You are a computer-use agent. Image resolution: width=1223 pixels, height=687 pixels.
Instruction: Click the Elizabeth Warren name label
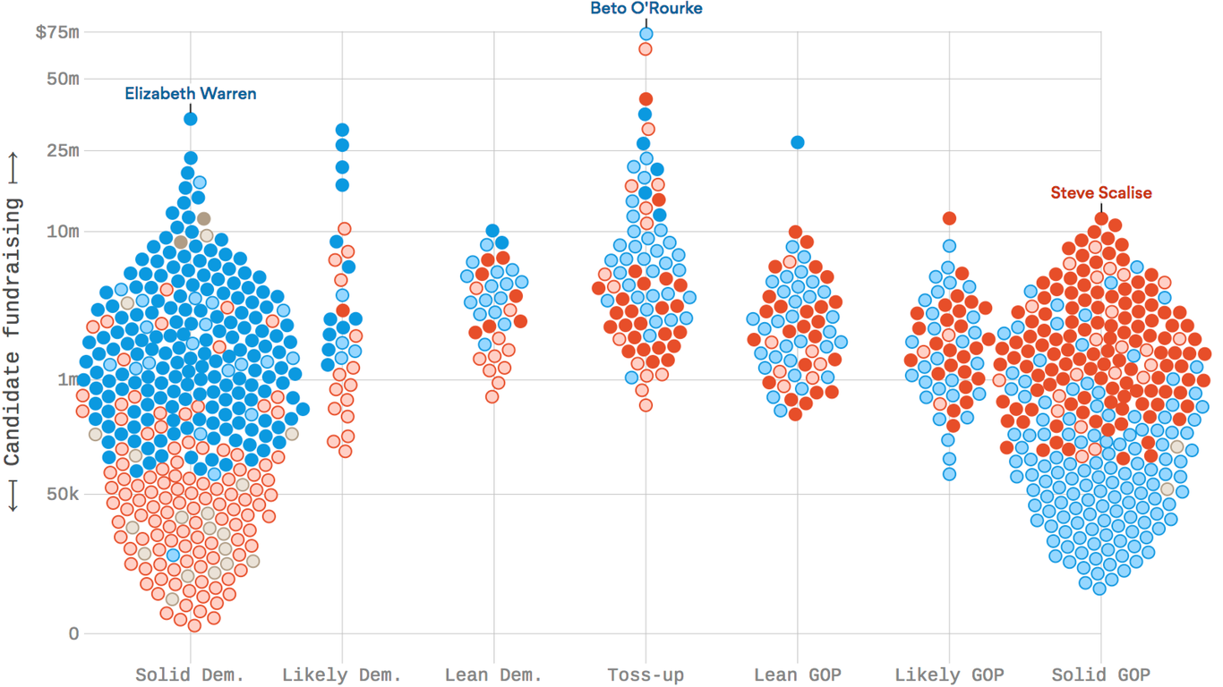[190, 93]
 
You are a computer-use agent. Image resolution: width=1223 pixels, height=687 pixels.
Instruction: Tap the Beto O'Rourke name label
[646, 9]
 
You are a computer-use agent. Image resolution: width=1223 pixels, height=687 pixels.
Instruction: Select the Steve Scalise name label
[1100, 192]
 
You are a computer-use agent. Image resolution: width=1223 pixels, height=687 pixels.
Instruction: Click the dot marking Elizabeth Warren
[191, 119]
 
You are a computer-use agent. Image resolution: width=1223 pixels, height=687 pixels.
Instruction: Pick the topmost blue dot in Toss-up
[646, 34]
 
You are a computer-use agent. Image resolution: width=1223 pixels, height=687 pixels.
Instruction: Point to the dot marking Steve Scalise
[1101, 218]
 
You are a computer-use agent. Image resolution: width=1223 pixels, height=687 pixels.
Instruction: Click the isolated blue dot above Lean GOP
[797, 142]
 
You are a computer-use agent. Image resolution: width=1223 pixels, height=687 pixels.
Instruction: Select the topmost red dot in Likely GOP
[949, 218]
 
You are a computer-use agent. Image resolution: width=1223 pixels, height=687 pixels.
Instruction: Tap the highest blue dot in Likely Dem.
[342, 131]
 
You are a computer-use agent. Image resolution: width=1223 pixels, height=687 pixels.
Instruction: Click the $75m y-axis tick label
[57, 33]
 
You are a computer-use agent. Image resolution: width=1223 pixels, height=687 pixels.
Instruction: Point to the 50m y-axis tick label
[63, 79]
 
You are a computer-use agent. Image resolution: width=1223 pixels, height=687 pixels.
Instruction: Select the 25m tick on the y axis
[63, 150]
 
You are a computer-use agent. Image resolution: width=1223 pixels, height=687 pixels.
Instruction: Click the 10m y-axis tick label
[63, 232]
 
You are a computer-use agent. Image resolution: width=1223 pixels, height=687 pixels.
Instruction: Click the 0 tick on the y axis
[73, 634]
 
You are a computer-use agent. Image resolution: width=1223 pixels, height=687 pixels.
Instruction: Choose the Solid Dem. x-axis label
[190, 674]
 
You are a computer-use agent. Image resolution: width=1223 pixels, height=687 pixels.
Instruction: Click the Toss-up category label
[646, 674]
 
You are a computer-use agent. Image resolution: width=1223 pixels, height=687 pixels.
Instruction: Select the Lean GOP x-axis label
[797, 674]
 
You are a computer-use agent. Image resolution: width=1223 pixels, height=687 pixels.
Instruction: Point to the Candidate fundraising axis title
[13, 332]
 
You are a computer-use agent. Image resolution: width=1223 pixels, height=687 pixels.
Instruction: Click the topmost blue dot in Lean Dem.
[492, 232]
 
